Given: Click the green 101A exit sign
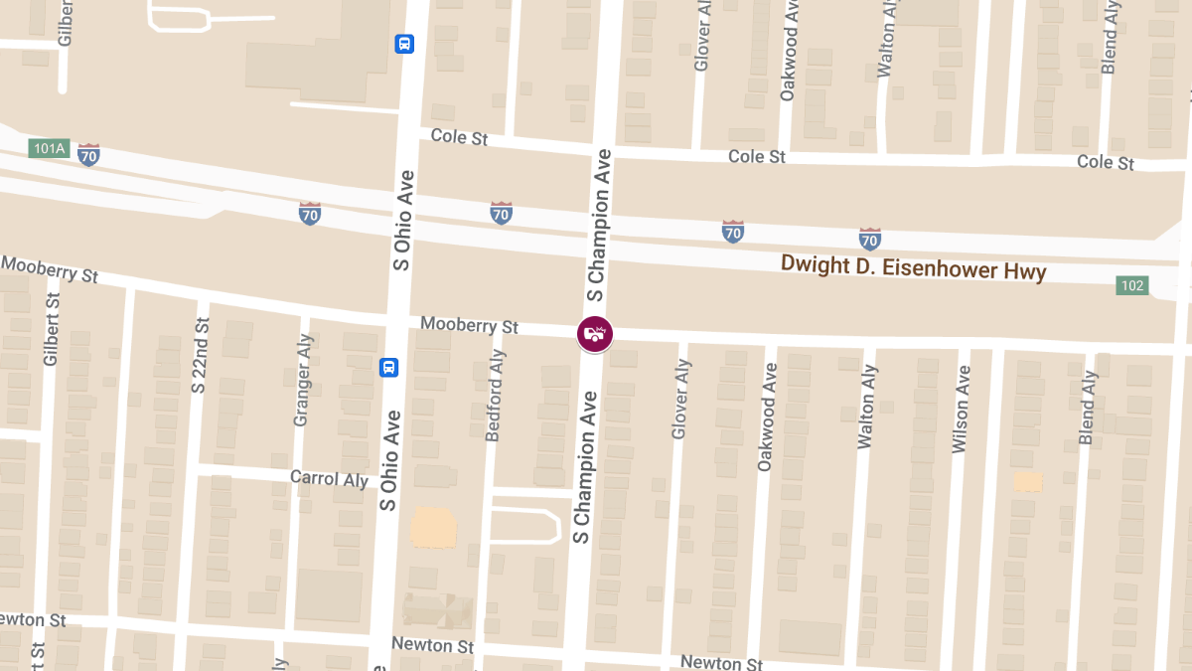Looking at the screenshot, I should [x=47, y=149].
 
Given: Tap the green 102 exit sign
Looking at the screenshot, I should [x=1131, y=285].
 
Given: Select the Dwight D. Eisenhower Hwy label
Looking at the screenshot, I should [x=913, y=267].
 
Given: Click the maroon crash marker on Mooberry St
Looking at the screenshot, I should [x=594, y=334].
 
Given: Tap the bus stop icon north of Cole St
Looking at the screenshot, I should [x=404, y=44].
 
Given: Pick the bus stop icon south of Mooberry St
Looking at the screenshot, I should [x=389, y=368].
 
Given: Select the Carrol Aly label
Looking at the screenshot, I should [x=329, y=478].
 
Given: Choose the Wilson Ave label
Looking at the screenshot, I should [x=961, y=410].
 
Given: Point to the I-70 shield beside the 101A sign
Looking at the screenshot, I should [x=88, y=154].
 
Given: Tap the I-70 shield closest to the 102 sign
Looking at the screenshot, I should [x=869, y=239].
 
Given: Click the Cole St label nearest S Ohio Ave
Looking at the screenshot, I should [x=459, y=137].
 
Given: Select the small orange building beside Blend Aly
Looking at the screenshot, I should [x=1028, y=481].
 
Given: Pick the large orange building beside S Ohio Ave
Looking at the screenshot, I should [x=433, y=527].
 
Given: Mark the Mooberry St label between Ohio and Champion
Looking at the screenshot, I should [x=469, y=325].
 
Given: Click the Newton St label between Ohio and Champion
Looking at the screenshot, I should [x=432, y=645].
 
